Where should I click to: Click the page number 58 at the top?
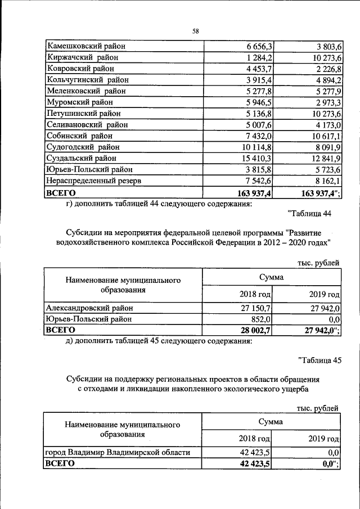(x=195, y=31)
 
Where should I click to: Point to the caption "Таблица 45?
(x=318, y=361)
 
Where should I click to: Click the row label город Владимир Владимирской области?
(x=115, y=452)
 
